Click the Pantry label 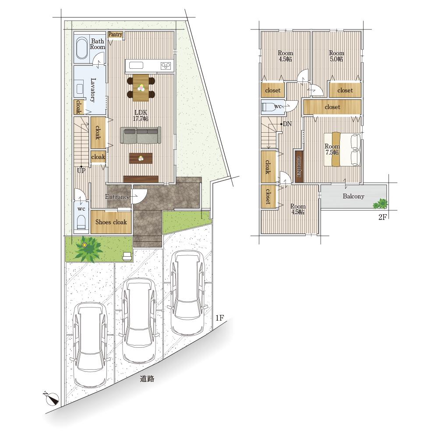(x=115, y=34)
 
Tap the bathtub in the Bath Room (x=82, y=48)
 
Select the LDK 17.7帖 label (x=141, y=115)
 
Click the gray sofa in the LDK (x=141, y=135)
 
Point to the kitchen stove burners (x=166, y=66)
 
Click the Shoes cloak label (x=111, y=222)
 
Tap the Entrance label (x=117, y=197)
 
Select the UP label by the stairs (x=81, y=170)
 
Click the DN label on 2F (x=287, y=124)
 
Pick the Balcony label (x=353, y=196)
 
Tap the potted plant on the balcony (x=381, y=204)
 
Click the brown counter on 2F (x=299, y=166)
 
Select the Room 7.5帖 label (x=332, y=149)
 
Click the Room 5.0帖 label (x=336, y=56)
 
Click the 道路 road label (x=147, y=379)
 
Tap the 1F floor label (x=219, y=318)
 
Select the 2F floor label (x=382, y=217)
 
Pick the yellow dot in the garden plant (x=85, y=245)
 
